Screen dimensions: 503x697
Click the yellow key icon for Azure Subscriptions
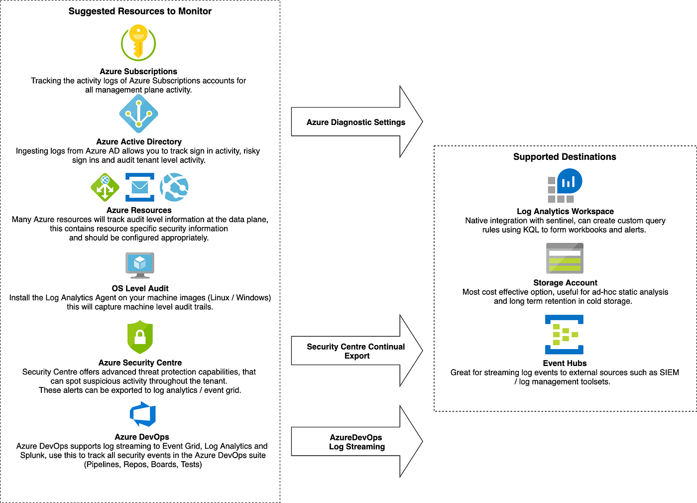pyautogui.click(x=138, y=43)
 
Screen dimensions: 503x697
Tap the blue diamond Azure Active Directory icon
pyautogui.click(x=139, y=114)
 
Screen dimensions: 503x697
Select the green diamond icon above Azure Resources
pyautogui.click(x=105, y=187)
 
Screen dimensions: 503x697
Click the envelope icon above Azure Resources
pyautogui.click(x=140, y=187)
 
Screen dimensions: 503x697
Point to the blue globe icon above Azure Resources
pyautogui.click(x=174, y=187)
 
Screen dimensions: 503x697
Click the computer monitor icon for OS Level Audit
pyautogui.click(x=140, y=265)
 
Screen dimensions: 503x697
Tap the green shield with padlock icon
pyautogui.click(x=140, y=337)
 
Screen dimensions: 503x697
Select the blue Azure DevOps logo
pyautogui.click(x=143, y=414)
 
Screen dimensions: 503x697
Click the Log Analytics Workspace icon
pyautogui.click(x=565, y=185)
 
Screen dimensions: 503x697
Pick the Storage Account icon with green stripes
pyautogui.click(x=565, y=258)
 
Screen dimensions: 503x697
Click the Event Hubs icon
pyautogui.click(x=564, y=335)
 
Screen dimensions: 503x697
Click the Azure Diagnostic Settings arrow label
pyautogui.click(x=355, y=122)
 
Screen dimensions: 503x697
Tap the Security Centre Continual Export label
pyautogui.click(x=355, y=351)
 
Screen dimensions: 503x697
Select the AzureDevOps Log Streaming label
pyautogui.click(x=356, y=442)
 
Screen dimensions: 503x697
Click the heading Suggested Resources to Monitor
pyautogui.click(x=140, y=11)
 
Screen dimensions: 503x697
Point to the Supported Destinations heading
pyautogui.click(x=565, y=157)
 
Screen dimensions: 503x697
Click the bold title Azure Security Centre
pyautogui.click(x=140, y=363)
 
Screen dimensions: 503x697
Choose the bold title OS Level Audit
pyautogui.click(x=140, y=288)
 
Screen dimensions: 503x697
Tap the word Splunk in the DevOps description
pyautogui.click(x=33, y=455)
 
